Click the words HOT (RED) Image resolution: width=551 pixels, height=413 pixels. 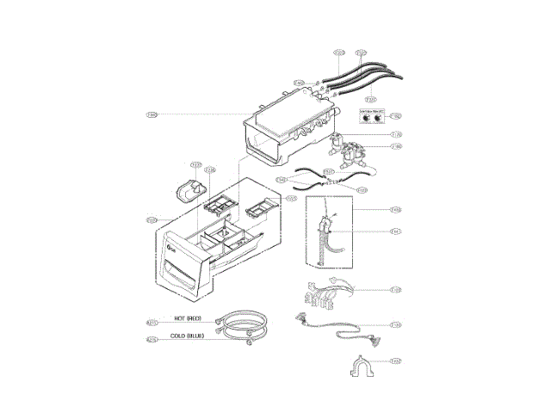tap(187, 317)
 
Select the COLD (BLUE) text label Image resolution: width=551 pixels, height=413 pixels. tap(187, 336)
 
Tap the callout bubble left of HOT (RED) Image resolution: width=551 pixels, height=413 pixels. tap(152, 322)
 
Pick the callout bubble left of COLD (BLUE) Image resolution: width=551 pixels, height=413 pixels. tap(152, 340)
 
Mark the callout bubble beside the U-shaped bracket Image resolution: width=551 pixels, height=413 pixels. tap(395, 361)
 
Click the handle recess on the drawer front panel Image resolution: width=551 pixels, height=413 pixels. tap(183, 276)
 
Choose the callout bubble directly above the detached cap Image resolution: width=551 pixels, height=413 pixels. tap(195, 164)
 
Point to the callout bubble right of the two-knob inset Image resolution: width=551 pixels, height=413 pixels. tap(395, 115)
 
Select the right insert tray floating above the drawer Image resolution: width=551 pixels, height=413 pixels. tap(259, 207)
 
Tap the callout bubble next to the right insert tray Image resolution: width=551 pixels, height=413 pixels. tap(291, 199)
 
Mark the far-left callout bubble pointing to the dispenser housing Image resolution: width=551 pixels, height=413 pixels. tap(152, 114)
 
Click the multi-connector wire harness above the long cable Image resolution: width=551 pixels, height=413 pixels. tap(325, 295)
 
